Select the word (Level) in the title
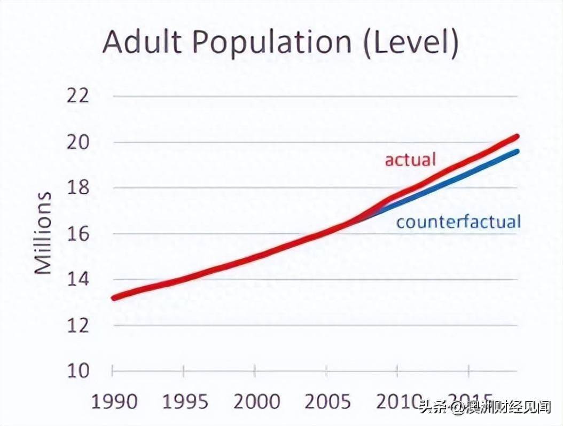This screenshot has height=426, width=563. click(411, 43)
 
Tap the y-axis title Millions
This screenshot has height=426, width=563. click(44, 233)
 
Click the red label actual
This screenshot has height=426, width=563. click(410, 159)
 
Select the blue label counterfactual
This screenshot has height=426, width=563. click(458, 221)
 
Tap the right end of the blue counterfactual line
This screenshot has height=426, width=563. click(517, 152)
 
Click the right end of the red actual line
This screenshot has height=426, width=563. click(517, 137)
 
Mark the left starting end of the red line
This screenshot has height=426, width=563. click(114, 297)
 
